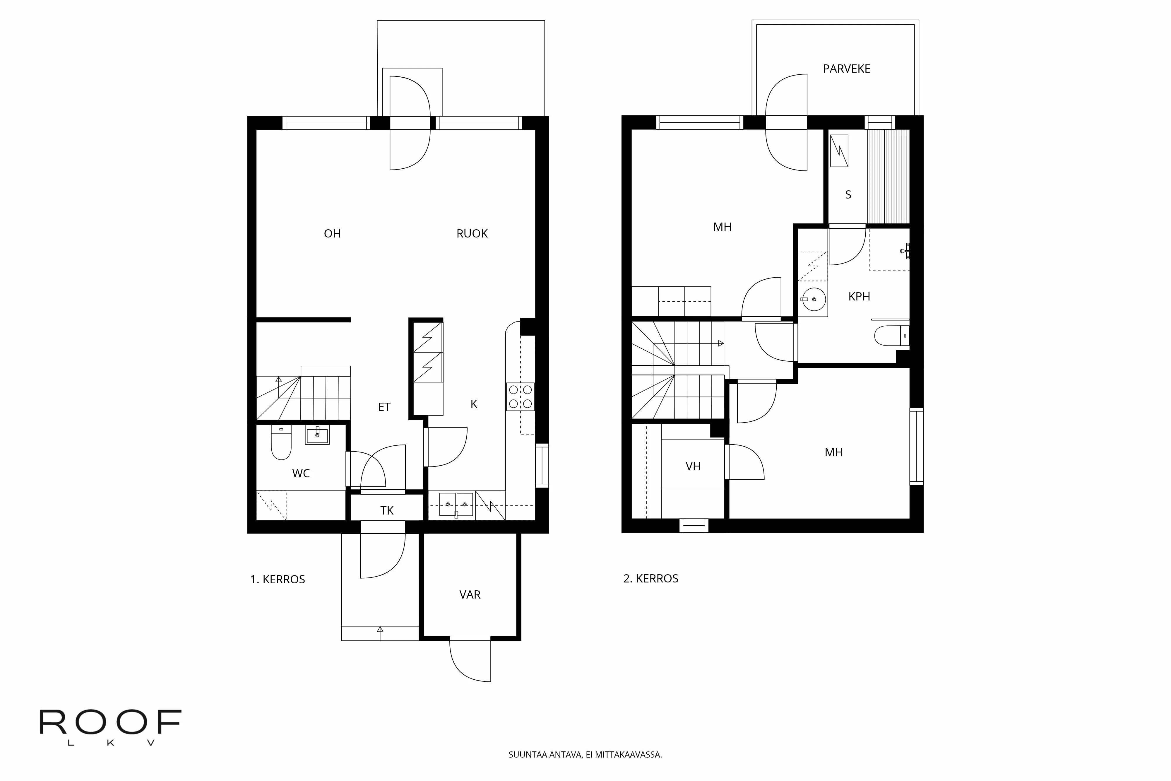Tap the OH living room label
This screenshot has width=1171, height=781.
[x=332, y=234]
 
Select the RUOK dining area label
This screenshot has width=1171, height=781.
[x=472, y=234]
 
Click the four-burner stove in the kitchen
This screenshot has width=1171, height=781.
[x=520, y=397]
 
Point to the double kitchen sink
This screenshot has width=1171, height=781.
[x=456, y=504]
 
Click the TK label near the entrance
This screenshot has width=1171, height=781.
[x=387, y=510]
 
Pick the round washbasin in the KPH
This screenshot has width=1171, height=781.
[x=813, y=299]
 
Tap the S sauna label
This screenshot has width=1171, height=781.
[x=848, y=195]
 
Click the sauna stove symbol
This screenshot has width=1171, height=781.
[x=839, y=151]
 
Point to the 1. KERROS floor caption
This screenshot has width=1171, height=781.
[x=277, y=579]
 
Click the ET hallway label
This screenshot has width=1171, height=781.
[x=384, y=407]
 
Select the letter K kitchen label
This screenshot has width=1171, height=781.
[x=473, y=404]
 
